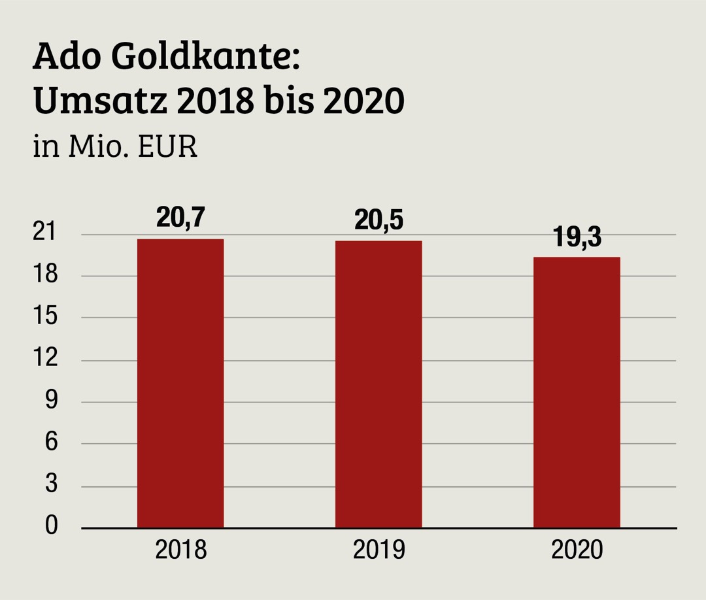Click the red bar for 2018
pyautogui.click(x=180, y=384)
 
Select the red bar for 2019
pyautogui.click(x=378, y=384)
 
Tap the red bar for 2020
pyautogui.click(x=577, y=392)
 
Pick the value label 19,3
pyautogui.click(x=577, y=237)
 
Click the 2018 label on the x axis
pyautogui.click(x=180, y=550)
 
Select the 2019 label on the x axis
pyautogui.click(x=378, y=550)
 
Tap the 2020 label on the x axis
pyautogui.click(x=577, y=550)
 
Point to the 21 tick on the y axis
pyautogui.click(x=46, y=233)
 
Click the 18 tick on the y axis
pyautogui.click(x=46, y=275)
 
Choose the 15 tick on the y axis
pyautogui.click(x=46, y=317)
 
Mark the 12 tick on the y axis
pyautogui.click(x=46, y=359)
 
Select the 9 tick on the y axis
pyautogui.click(x=51, y=401)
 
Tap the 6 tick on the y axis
pyautogui.click(x=51, y=442)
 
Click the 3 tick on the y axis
pyautogui.click(x=51, y=484)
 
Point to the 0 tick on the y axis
pyautogui.click(x=51, y=526)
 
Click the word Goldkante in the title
pyautogui.click(x=205, y=58)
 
